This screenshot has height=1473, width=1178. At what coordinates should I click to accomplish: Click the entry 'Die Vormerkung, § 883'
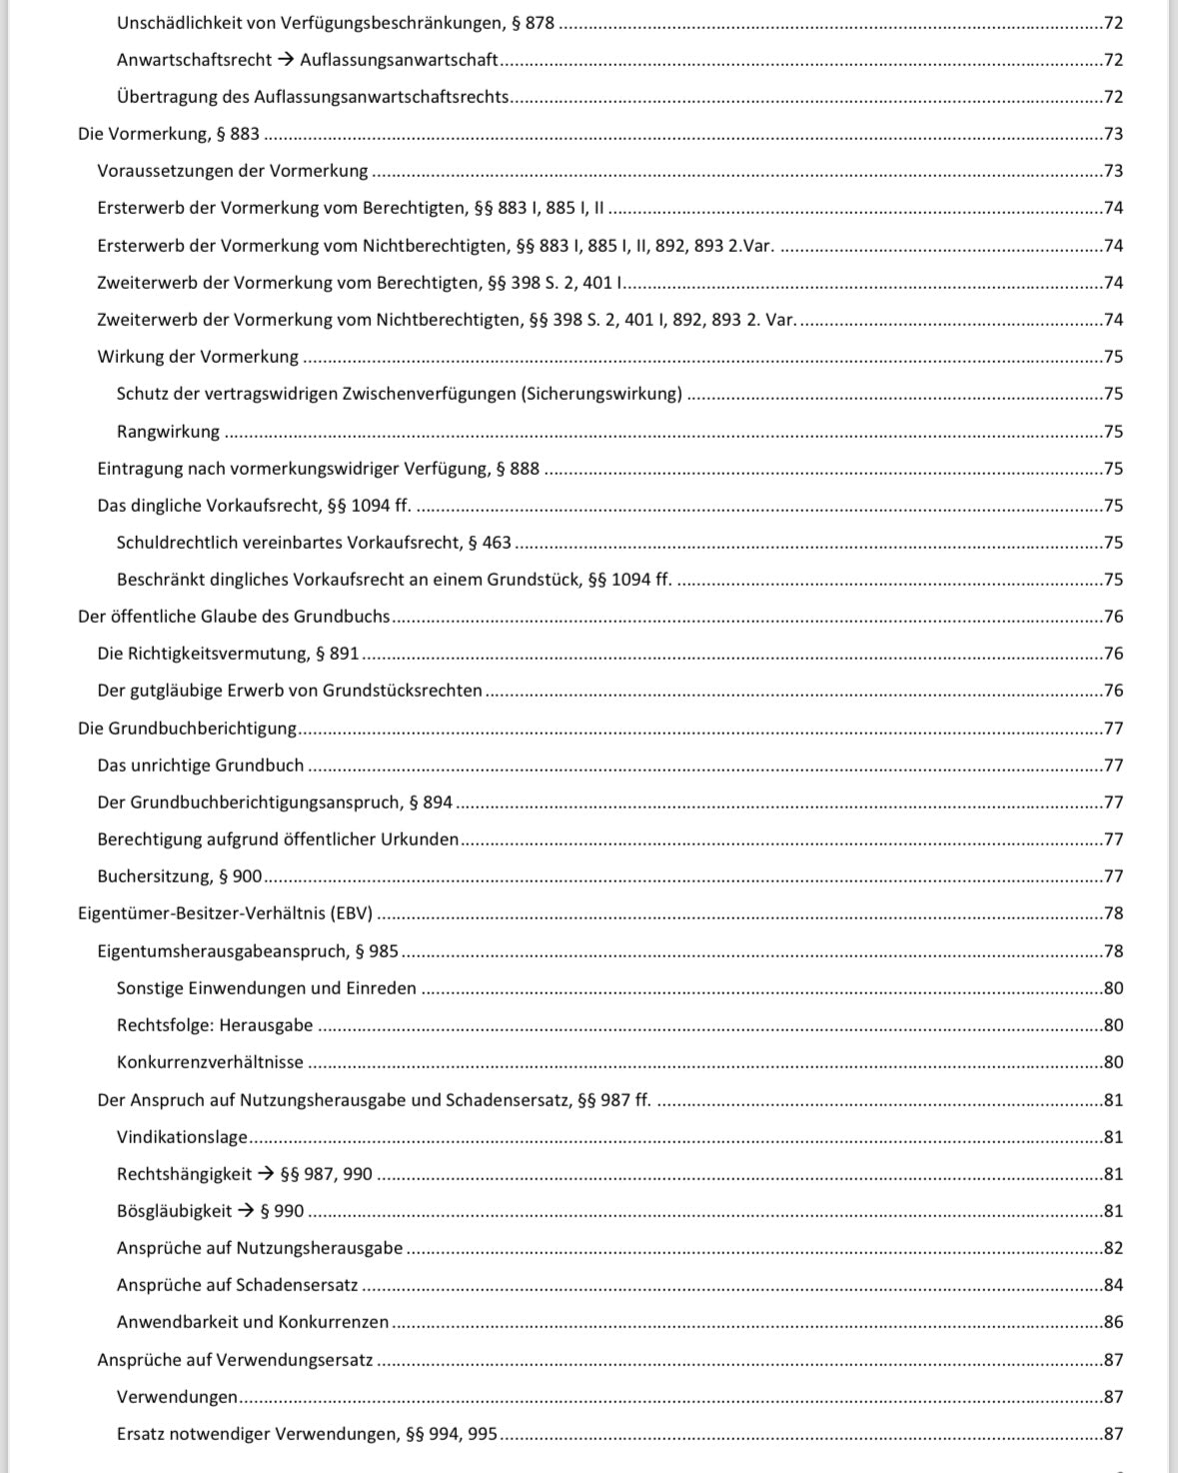[x=168, y=134]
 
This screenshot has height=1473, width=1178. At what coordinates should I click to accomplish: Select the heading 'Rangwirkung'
[x=168, y=432]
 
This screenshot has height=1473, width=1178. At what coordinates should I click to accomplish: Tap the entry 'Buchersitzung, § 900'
[x=179, y=876]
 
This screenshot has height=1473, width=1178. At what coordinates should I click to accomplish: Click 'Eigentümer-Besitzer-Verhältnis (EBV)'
[x=225, y=913]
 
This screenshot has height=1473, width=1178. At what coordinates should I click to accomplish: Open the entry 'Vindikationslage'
[x=182, y=1137]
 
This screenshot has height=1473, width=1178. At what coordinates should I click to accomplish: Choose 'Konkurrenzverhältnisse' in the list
[x=210, y=1062]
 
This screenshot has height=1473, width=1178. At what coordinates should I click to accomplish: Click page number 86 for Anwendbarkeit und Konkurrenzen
[x=1113, y=1322]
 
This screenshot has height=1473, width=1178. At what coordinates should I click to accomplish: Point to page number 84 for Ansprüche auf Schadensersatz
[x=1113, y=1285]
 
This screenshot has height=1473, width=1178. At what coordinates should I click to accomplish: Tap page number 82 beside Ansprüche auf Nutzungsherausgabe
[x=1113, y=1248]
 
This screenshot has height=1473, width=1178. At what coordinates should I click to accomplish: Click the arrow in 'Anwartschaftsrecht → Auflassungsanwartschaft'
[x=286, y=60]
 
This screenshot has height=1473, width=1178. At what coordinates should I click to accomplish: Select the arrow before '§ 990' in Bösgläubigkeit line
[x=246, y=1211]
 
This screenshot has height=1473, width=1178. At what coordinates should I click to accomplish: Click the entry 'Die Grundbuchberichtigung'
[x=187, y=729]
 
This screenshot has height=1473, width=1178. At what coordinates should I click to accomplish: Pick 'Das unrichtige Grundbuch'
[x=200, y=765]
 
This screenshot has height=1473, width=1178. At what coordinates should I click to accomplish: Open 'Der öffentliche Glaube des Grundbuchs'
[x=234, y=617]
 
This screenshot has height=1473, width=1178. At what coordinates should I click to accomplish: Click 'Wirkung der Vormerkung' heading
[x=198, y=357]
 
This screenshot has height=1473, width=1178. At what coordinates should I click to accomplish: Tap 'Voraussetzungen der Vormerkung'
[x=233, y=171]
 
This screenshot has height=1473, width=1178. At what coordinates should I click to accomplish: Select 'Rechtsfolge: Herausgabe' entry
[x=215, y=1025]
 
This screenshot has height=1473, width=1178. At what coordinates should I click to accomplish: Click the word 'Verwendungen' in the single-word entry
[x=177, y=1397]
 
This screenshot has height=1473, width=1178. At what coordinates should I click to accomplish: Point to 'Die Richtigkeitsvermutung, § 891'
[x=228, y=654]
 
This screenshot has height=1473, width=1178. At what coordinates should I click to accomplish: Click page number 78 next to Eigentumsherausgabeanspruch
[x=1113, y=951]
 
